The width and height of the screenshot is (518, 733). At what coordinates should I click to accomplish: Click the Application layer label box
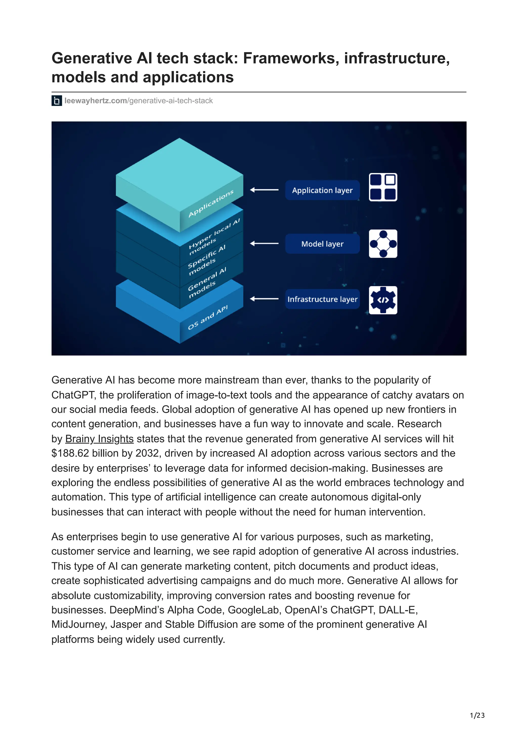322,190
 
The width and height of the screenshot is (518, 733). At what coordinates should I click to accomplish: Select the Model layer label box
322,244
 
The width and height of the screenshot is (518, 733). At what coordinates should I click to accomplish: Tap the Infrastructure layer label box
322,299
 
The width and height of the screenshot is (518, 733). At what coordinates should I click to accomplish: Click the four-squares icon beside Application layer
383,187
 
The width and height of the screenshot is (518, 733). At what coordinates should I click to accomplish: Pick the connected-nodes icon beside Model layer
383,244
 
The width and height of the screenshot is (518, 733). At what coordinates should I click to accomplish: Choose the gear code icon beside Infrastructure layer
383,300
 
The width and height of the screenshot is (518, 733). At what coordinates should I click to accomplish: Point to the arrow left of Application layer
264,190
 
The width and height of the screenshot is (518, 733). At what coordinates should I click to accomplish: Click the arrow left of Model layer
264,244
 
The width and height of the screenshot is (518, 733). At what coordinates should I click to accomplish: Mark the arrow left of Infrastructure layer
264,299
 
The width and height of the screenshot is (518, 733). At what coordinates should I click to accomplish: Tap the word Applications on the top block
211,203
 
